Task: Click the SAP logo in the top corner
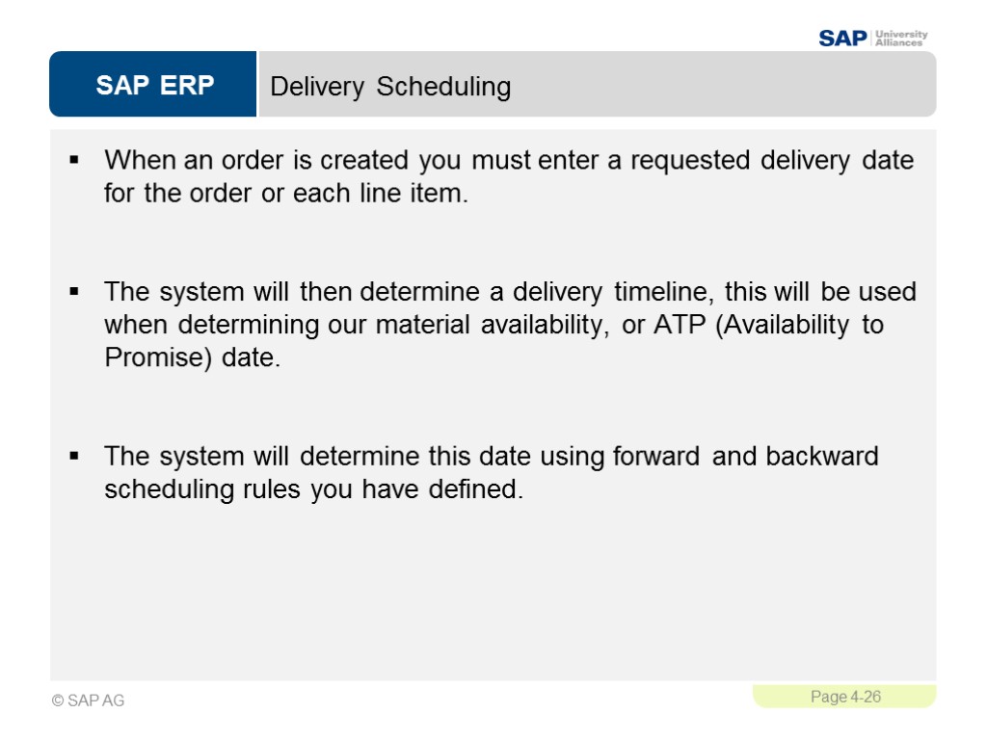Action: pyautogui.click(x=842, y=38)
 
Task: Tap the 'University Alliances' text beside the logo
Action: pyautogui.click(x=900, y=38)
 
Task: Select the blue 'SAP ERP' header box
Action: pyautogui.click(x=154, y=86)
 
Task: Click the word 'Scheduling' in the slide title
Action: pyautogui.click(x=443, y=87)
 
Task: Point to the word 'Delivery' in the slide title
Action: pyautogui.click(x=317, y=87)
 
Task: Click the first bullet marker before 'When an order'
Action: pyautogui.click(x=74, y=159)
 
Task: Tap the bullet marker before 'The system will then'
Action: pyautogui.click(x=74, y=291)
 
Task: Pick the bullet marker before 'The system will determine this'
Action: pyautogui.click(x=74, y=455)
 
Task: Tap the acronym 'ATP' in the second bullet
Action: pyautogui.click(x=680, y=325)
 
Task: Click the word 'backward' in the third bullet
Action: pyautogui.click(x=822, y=455)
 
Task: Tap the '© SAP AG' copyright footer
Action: pyautogui.click(x=89, y=700)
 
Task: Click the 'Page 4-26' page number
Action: pyautogui.click(x=845, y=697)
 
